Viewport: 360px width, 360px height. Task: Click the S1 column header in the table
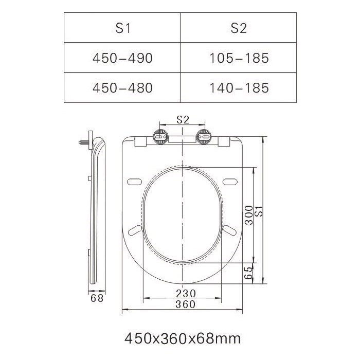[x=122, y=28]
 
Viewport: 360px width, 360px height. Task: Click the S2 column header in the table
[x=239, y=28]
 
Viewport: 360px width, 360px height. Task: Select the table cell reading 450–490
[x=122, y=58]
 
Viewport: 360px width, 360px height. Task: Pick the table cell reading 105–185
[x=239, y=58]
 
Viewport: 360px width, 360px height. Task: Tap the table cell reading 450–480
[x=122, y=88]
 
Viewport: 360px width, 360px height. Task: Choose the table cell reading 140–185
[x=239, y=88]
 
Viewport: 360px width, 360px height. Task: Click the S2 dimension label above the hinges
[x=183, y=120]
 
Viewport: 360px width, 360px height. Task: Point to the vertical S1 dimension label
[x=259, y=211]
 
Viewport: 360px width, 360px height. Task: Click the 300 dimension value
[x=249, y=215]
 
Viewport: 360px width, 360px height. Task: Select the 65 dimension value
[x=248, y=273]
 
